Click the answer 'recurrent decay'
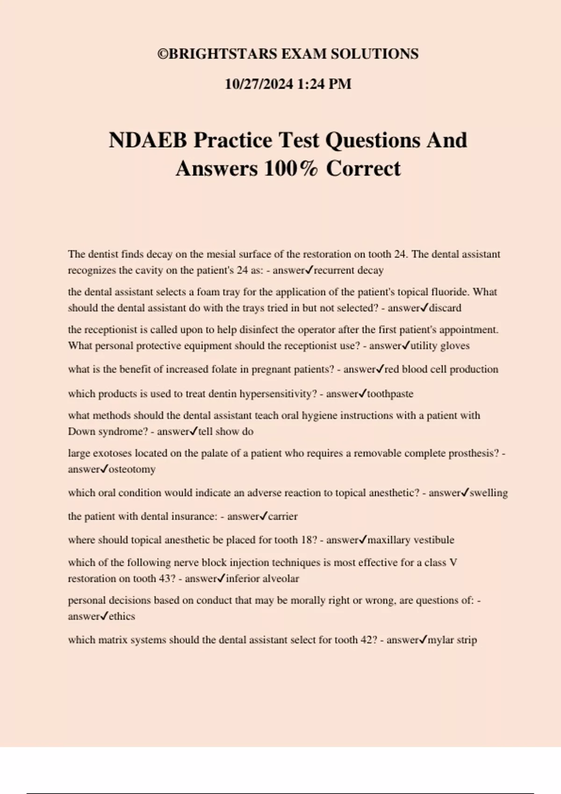click(348, 270)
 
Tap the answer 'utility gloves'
click(440, 346)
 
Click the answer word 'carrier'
click(282, 517)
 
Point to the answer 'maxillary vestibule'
click(410, 540)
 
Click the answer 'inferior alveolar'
click(262, 579)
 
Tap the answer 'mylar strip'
click(452, 640)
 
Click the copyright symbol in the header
click(163, 55)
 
